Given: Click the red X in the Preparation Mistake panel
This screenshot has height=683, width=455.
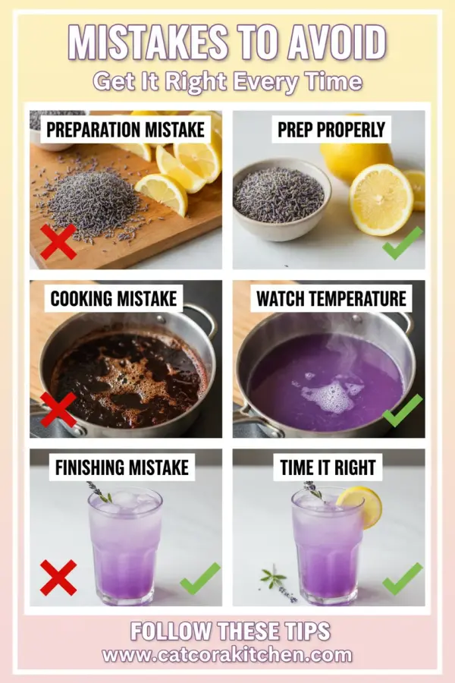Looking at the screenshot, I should click(58, 241).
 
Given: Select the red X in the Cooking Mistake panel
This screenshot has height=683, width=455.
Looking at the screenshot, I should click(58, 410).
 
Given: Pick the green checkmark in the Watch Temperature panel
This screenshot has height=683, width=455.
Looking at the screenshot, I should click(402, 410).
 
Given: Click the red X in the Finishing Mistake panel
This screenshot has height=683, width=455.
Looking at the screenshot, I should click(58, 578).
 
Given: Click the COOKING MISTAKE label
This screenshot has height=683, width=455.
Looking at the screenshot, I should click(114, 298).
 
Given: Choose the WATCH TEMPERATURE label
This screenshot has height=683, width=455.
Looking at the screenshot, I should click(331, 298).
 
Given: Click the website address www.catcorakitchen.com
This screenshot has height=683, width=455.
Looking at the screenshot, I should click(227, 655).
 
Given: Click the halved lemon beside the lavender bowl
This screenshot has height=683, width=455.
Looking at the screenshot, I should click(380, 199).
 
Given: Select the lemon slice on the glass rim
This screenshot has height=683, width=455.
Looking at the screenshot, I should click(360, 505).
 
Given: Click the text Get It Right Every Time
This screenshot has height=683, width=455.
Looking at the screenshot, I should click(227, 81).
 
